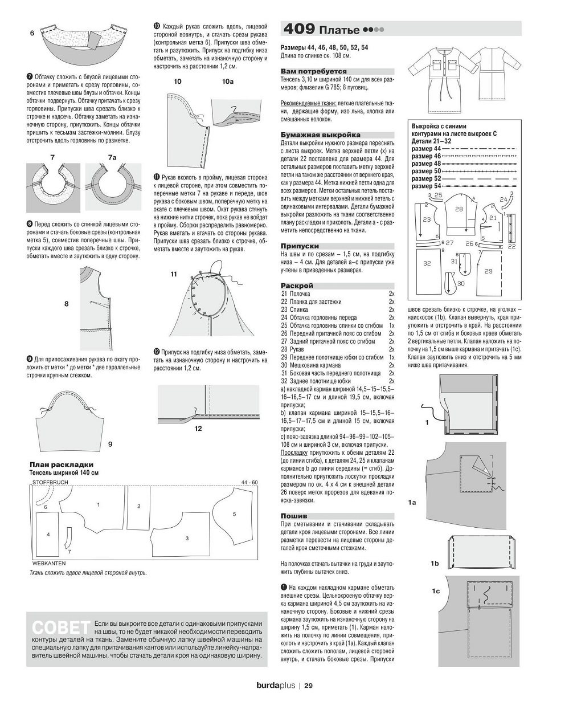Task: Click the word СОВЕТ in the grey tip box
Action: (x=62, y=626)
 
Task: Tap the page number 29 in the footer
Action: (x=308, y=686)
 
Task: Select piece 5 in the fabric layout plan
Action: (x=234, y=514)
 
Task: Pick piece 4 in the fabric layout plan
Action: (x=48, y=534)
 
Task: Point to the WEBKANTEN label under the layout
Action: (x=48, y=563)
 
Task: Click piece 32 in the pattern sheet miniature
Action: (x=427, y=264)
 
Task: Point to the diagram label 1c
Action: (x=436, y=591)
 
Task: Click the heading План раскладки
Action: (x=61, y=464)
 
